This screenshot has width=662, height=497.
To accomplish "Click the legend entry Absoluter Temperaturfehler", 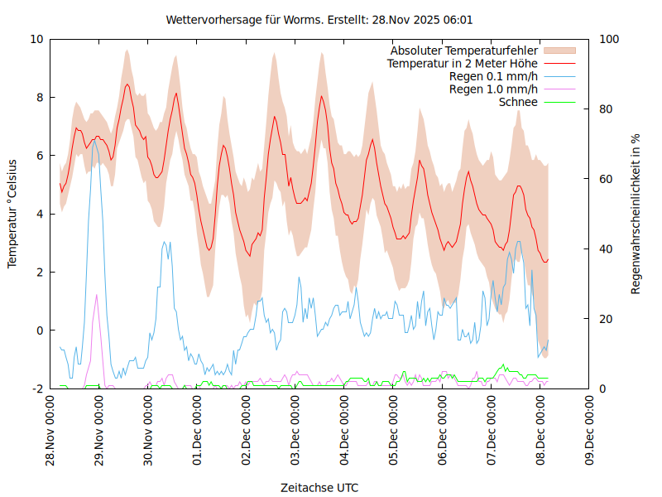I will click(x=464, y=51).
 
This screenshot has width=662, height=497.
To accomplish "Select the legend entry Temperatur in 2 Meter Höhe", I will click(x=463, y=63).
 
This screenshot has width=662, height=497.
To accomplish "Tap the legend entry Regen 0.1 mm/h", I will click(x=493, y=76).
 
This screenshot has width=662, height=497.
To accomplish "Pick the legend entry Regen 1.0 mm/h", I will click(x=493, y=89).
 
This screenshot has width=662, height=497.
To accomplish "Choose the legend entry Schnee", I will click(x=518, y=102).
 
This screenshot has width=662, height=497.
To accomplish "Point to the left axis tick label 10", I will click(x=36, y=39).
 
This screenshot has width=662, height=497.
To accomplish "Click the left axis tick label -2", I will click(x=36, y=388).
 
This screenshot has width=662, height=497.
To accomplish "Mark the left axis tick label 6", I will click(x=40, y=156).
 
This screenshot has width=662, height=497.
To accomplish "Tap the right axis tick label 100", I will click(x=609, y=39).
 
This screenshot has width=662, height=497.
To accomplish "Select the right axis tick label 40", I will click(x=606, y=249).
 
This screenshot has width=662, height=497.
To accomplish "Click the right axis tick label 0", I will click(x=602, y=388).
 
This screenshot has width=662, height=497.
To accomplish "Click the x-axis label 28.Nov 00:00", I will click(x=50, y=431).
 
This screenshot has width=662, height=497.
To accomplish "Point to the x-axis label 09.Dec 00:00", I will click(x=589, y=431).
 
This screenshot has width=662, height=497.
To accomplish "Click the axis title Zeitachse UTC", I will click(x=319, y=487).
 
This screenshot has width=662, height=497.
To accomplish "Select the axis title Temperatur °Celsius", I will click(x=12, y=214).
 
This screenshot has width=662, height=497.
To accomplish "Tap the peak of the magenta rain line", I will click(x=96, y=295).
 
